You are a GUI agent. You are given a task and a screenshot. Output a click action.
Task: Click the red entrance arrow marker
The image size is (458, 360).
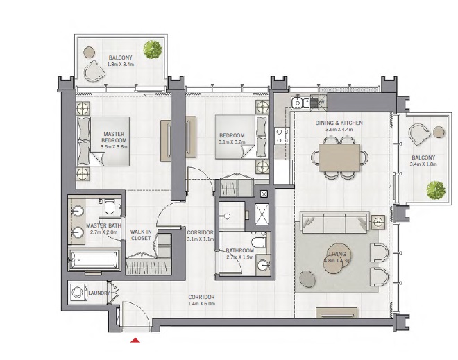[136, 339]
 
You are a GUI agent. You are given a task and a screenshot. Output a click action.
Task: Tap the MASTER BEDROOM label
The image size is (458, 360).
[113, 137]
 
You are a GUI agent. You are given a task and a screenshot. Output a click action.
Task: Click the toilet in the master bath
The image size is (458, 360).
[110, 207]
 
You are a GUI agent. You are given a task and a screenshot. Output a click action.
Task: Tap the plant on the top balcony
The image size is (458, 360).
[152, 49]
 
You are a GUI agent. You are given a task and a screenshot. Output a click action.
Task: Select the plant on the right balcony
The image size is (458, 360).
[435, 189]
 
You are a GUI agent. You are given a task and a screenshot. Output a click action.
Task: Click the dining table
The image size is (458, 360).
[339, 156]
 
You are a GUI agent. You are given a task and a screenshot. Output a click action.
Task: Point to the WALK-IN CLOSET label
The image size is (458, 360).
[141, 234]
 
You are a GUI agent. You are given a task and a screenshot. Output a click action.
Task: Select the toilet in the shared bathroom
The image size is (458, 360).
[258, 243]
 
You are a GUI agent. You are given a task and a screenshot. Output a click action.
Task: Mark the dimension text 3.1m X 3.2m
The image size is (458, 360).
[230, 142]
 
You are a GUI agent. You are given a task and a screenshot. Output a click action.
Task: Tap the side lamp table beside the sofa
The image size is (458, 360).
[378, 222]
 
